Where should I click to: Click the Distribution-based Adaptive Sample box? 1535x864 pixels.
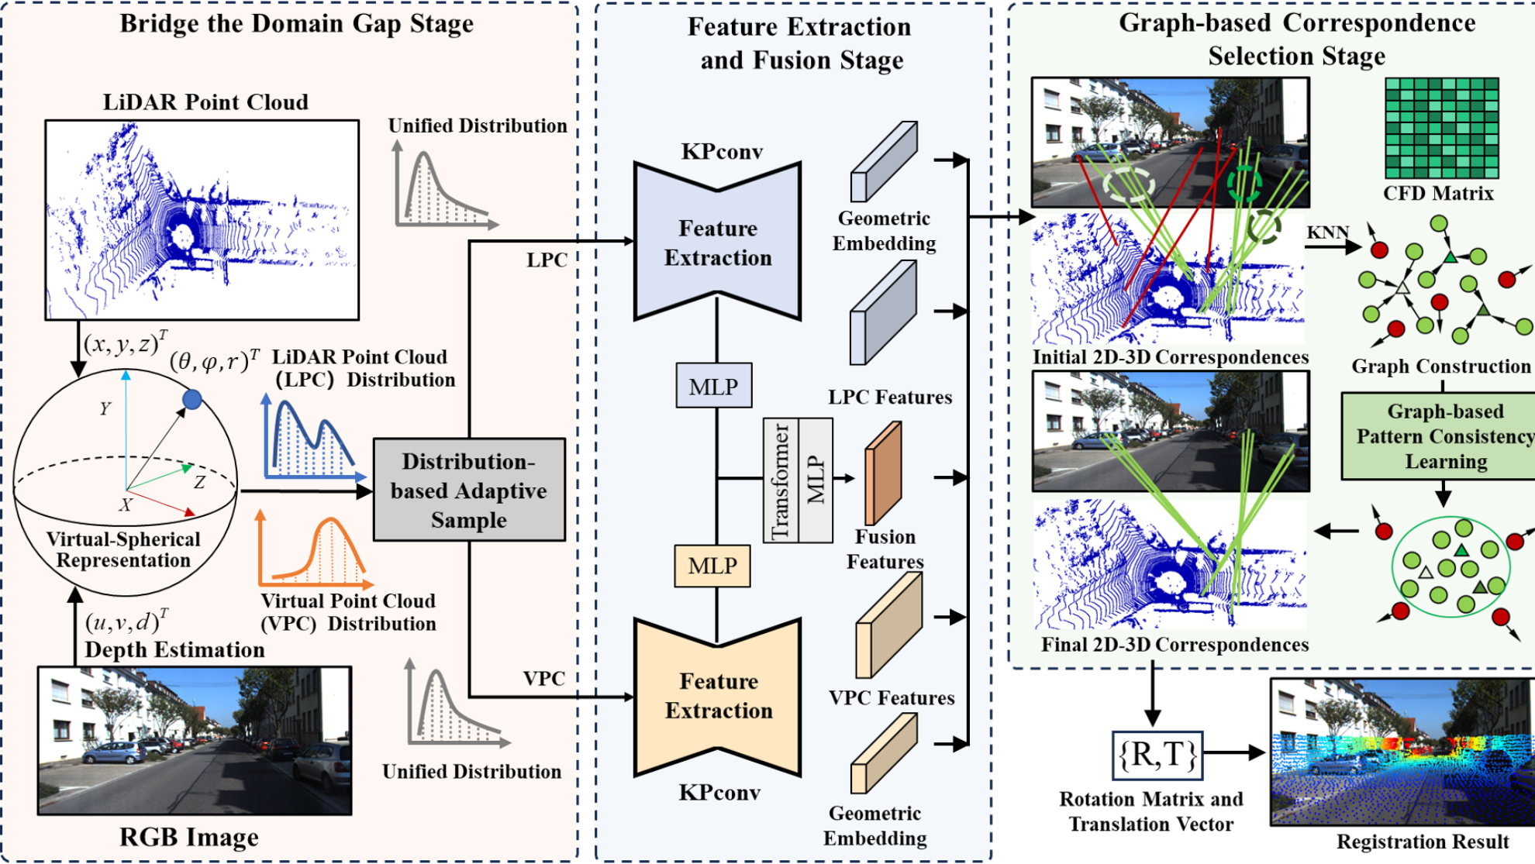(x=469, y=490)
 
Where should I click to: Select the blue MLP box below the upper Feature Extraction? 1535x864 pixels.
(x=713, y=386)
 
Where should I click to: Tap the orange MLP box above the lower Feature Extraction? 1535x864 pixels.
(x=712, y=566)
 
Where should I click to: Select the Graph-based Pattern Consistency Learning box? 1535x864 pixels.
(x=1444, y=436)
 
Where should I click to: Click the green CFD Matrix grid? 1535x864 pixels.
(x=1441, y=128)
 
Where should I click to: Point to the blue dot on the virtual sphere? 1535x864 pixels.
(x=192, y=400)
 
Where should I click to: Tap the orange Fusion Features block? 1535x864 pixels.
(x=883, y=473)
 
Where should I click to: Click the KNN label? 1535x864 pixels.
(x=1327, y=232)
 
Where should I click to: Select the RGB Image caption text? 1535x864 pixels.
(x=188, y=838)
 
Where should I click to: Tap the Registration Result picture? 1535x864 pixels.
(x=1402, y=752)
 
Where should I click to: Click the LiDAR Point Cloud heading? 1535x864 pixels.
(x=205, y=102)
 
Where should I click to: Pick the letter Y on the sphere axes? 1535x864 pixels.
(x=105, y=408)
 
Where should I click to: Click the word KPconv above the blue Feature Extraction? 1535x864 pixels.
(x=722, y=152)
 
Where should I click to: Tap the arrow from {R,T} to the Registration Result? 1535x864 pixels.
(x=1234, y=752)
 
